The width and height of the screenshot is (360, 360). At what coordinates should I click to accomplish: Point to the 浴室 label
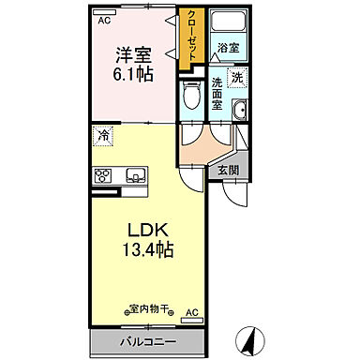[x=228, y=47]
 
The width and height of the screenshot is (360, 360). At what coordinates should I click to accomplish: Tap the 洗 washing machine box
[x=237, y=77]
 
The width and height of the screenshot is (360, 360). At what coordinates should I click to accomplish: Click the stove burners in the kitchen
[x=103, y=174]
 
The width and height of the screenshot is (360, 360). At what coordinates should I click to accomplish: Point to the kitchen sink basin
[x=134, y=174]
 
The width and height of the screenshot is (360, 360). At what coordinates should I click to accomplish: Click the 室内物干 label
[x=149, y=309]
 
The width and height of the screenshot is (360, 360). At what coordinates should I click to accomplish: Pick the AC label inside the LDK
[x=191, y=313]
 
